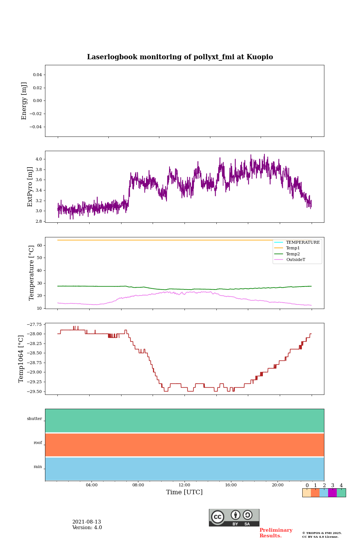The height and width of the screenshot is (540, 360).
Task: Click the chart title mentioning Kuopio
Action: coord(180,57)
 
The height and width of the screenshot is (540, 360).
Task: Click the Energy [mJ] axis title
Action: coord(24,101)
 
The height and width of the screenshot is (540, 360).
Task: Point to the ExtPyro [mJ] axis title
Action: coord(30,187)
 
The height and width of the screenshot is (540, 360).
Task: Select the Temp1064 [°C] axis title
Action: coord(21,359)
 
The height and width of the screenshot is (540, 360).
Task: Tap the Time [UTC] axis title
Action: coord(184,492)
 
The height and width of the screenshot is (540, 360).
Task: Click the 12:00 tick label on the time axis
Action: coord(184,485)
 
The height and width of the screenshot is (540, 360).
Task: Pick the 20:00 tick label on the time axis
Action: coord(277,485)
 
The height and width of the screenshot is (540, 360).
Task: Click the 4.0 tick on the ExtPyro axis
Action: coord(39,159)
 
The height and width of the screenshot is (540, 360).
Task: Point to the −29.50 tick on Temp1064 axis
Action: coord(33,391)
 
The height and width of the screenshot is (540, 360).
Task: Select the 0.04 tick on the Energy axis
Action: coord(37,75)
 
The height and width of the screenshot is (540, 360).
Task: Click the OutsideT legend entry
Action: coord(295,260)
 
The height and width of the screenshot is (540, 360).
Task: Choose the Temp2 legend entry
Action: coord(293,254)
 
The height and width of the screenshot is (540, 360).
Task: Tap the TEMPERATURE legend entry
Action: coord(303,243)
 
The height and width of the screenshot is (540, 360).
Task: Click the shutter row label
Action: coord(34,419)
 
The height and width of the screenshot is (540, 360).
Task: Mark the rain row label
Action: coord(38,467)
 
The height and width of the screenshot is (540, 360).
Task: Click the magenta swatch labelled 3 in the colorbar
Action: coord(332,493)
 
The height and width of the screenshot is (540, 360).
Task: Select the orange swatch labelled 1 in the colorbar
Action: coord(315,493)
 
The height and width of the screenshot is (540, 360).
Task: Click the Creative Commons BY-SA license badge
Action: coord(234,517)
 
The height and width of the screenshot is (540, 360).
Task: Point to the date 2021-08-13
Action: coord(87,522)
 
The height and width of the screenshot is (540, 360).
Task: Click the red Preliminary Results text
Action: coord(276,533)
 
